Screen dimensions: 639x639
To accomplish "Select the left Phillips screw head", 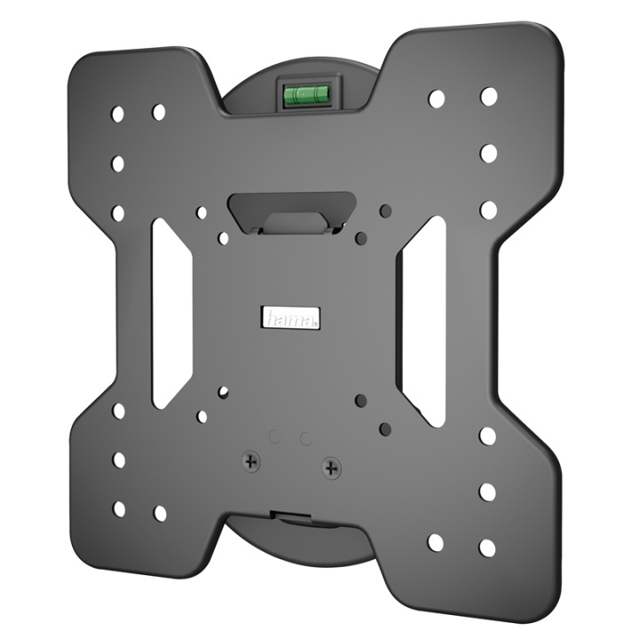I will [253, 461].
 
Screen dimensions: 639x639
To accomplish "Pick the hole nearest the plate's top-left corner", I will [118, 114].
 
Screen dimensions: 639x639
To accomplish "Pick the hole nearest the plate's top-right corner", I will [489, 96].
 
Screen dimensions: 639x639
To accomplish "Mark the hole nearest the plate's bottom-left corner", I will [119, 509].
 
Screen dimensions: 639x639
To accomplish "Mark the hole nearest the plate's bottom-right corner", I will [487, 548].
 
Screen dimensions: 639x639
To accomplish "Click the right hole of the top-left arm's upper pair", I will [159, 113].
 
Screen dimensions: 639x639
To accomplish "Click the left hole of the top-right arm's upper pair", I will [436, 99].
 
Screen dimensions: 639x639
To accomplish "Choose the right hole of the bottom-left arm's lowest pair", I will [160, 513].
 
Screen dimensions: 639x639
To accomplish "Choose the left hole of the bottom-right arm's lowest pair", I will [435, 542].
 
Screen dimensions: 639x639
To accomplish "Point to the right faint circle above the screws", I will [305, 439].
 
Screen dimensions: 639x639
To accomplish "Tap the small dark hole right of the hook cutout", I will [384, 210].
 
